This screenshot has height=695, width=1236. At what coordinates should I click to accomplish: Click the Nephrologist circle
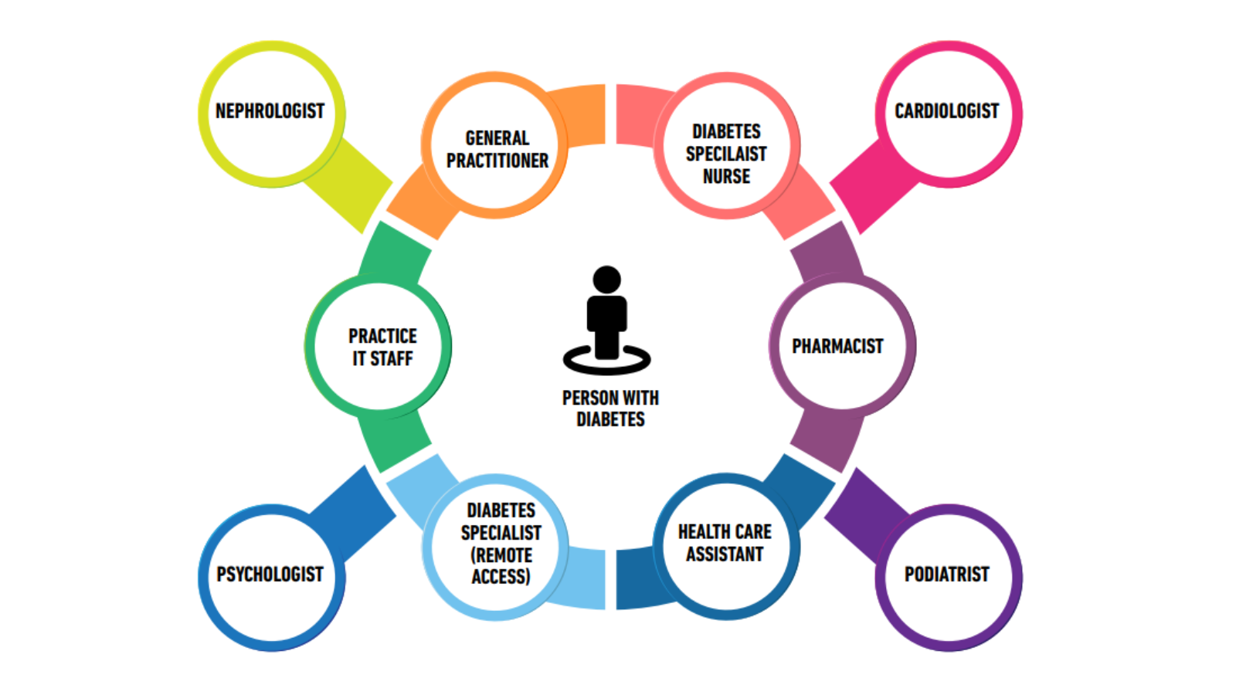[x=270, y=113]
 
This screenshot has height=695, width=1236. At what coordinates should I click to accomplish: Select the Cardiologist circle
[x=947, y=113]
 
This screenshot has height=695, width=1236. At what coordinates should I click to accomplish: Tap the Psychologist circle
[x=270, y=576]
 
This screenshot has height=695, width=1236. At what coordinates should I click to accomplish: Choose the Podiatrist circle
[x=947, y=576]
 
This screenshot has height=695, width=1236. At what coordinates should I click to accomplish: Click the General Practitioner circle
[x=496, y=147]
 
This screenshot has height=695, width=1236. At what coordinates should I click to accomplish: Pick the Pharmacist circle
[x=840, y=346]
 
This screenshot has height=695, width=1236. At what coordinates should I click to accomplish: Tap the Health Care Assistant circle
[x=725, y=544]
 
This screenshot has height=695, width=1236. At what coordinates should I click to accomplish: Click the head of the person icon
[x=606, y=280]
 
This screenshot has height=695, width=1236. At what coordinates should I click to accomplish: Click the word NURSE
[x=726, y=177]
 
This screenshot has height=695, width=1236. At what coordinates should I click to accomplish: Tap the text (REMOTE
[x=501, y=555]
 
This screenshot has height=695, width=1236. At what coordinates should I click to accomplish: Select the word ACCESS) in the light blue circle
[x=501, y=577]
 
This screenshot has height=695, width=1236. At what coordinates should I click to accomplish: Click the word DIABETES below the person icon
[x=610, y=420]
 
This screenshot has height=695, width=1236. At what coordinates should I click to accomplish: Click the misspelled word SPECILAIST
[x=726, y=154]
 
